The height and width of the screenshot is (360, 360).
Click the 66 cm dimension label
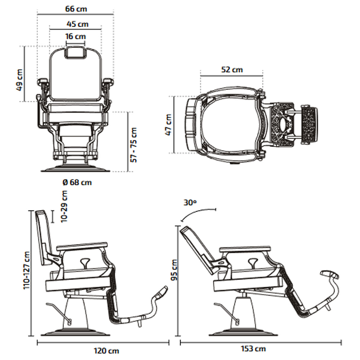click(76, 9)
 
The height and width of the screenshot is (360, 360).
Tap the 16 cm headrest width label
click(76, 37)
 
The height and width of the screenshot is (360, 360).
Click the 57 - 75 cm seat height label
click(134, 145)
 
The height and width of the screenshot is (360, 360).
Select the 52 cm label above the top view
click(232, 70)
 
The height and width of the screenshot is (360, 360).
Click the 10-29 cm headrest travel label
click(64, 206)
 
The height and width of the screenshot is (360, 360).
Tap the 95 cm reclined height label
click(174, 270)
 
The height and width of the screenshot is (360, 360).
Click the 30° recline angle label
click(190, 202)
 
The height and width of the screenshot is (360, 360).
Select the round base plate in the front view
click(75, 169)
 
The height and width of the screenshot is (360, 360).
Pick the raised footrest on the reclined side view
click(329, 274)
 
